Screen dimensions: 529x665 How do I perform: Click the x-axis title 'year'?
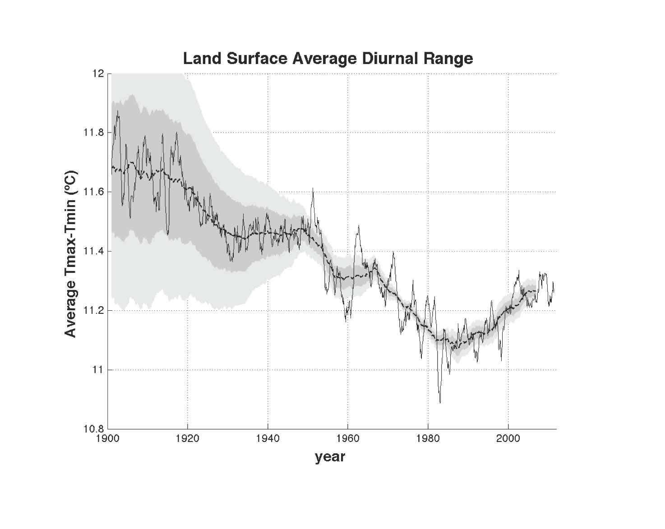coord(330,457)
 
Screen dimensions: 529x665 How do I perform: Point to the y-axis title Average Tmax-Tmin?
coord(71,253)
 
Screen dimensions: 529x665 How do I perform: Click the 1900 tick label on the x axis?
coord(107,438)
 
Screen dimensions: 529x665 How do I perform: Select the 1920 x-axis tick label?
coord(187,438)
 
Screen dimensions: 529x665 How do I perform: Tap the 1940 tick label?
coord(268,438)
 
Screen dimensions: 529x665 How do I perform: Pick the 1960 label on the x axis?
coord(348,438)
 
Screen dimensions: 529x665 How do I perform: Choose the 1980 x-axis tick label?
coord(428,438)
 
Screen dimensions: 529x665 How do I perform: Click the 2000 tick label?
coord(508,438)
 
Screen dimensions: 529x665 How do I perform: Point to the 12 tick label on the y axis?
coord(98,73)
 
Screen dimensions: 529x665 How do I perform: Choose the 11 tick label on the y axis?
coord(98,370)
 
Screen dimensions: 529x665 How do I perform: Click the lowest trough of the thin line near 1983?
coord(440,402)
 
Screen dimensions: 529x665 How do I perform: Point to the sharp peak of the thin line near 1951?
coord(313,189)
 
